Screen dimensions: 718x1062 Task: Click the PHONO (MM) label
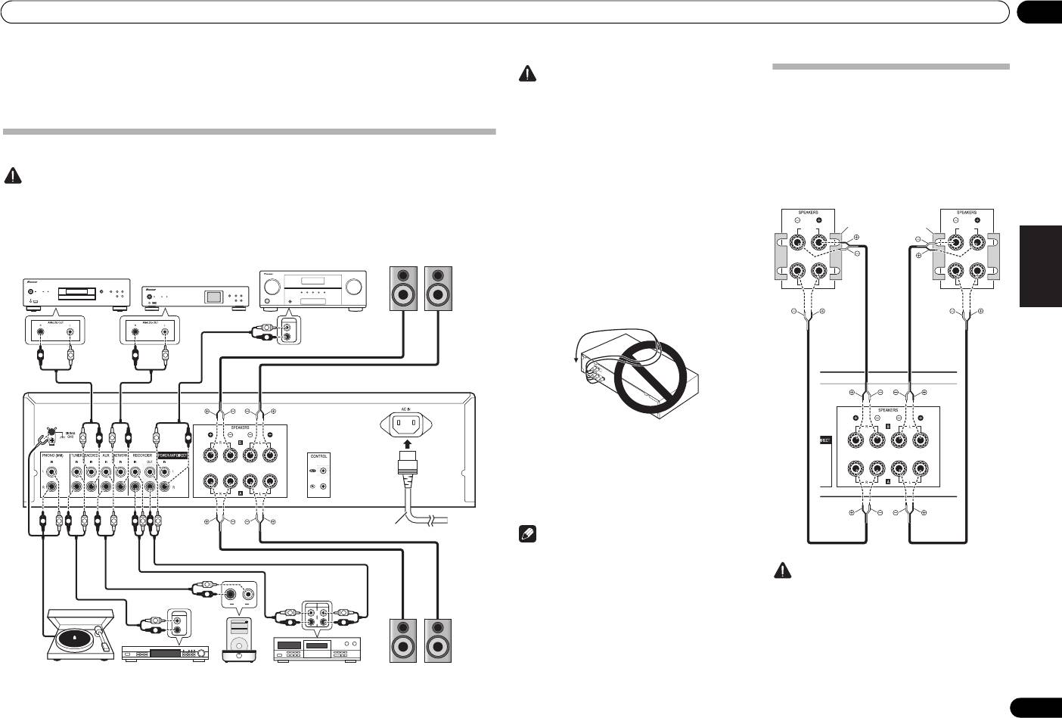pos(53,456)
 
